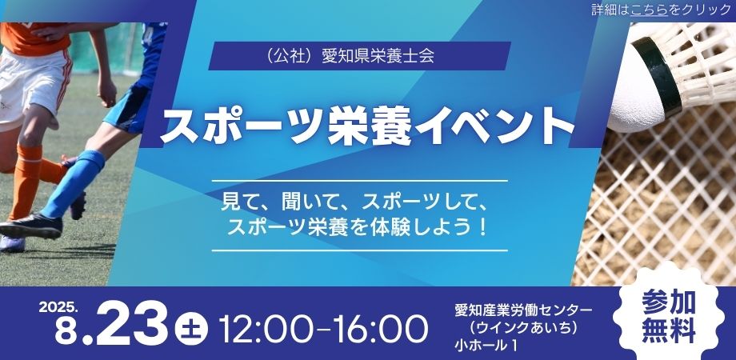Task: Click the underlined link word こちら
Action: [649, 10]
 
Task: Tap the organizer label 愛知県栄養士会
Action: [378, 56]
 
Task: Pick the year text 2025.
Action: [58, 306]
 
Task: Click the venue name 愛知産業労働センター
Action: [523, 310]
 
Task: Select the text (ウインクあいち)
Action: [523, 328]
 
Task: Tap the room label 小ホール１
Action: [486, 346]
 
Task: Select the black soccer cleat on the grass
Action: [32, 226]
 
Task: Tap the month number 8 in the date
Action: [65, 331]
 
